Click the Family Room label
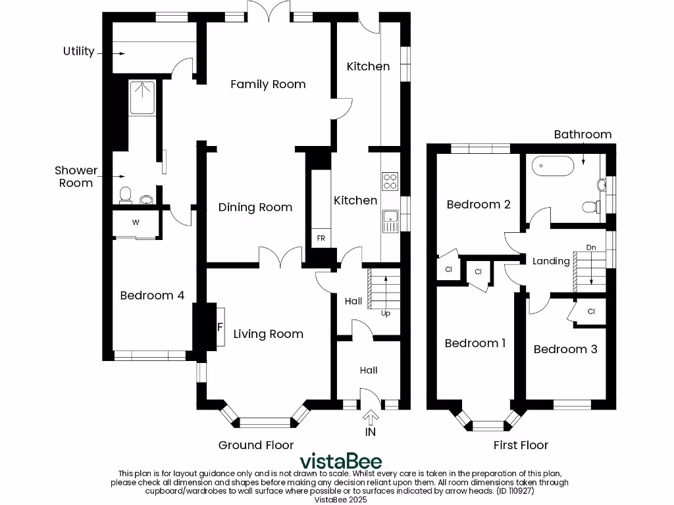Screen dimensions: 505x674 (268, 84)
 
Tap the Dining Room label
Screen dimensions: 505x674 (255, 207)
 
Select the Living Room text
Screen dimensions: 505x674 (268, 334)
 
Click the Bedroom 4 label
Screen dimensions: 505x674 (151, 295)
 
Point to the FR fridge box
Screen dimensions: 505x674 (321, 238)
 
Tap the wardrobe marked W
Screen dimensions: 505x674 (136, 222)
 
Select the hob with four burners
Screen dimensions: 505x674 (390, 181)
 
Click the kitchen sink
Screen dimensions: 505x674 (390, 219)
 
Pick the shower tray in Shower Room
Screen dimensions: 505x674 (142, 97)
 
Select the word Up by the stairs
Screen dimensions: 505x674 (385, 314)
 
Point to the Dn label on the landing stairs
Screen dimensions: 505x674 (591, 248)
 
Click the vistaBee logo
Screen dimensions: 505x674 (340, 460)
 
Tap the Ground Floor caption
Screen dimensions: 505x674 (256, 445)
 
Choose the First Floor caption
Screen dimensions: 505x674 (521, 445)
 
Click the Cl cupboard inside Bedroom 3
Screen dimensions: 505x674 (591, 311)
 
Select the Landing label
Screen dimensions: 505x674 (551, 261)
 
